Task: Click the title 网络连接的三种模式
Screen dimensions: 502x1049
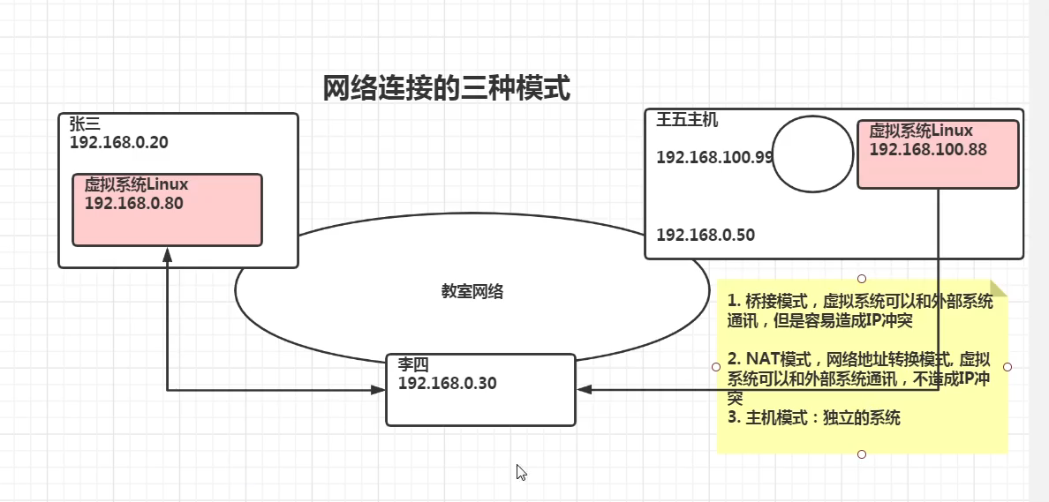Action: tap(446, 88)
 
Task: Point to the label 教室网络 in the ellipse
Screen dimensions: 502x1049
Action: tap(472, 291)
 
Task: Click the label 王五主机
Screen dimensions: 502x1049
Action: tap(687, 120)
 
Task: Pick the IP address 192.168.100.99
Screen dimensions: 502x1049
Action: tap(714, 157)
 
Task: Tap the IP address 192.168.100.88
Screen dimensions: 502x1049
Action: tap(928, 149)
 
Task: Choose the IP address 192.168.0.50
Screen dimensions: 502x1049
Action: tap(706, 235)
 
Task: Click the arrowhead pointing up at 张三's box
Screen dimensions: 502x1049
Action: tap(168, 255)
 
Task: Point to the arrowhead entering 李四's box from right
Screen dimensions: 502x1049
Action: tap(583, 389)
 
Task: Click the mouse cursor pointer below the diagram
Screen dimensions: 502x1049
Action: tap(521, 472)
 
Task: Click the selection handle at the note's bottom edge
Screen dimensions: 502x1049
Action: tap(862, 454)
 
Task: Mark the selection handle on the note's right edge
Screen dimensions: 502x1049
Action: tap(1007, 366)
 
